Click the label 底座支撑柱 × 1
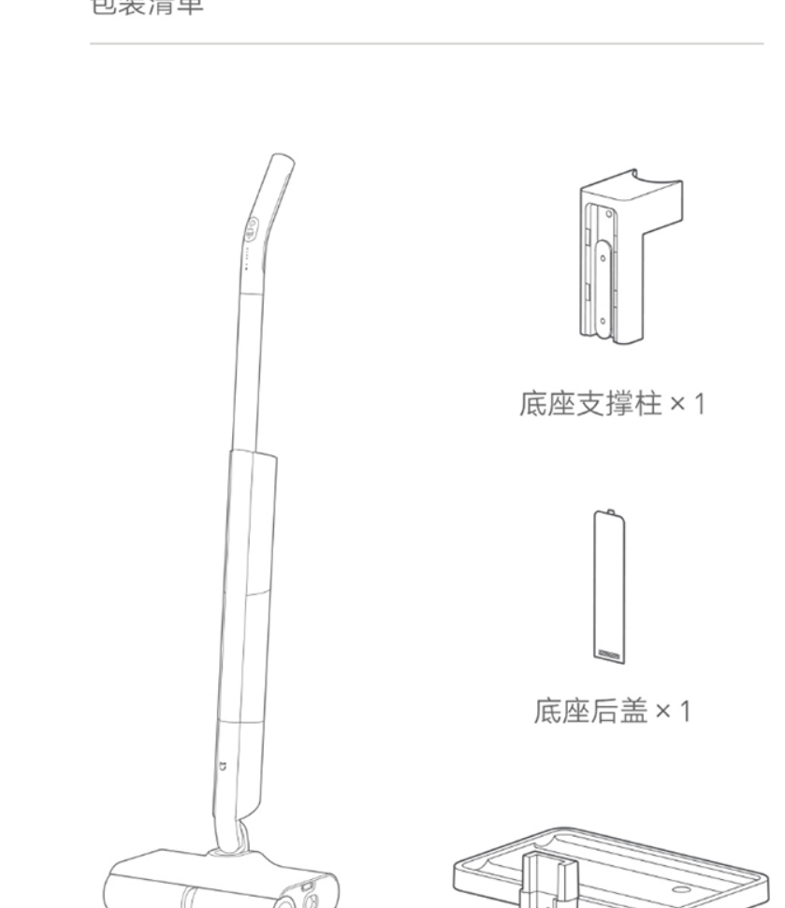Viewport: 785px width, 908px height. pyautogui.click(x=612, y=405)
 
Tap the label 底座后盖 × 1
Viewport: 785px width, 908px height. pyautogui.click(x=612, y=713)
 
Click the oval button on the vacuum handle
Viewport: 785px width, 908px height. pyautogui.click(x=253, y=228)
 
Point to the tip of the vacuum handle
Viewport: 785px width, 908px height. pyautogui.click(x=281, y=162)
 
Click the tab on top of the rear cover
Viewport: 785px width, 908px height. pyautogui.click(x=609, y=512)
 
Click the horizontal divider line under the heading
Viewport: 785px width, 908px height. pyautogui.click(x=426, y=43)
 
